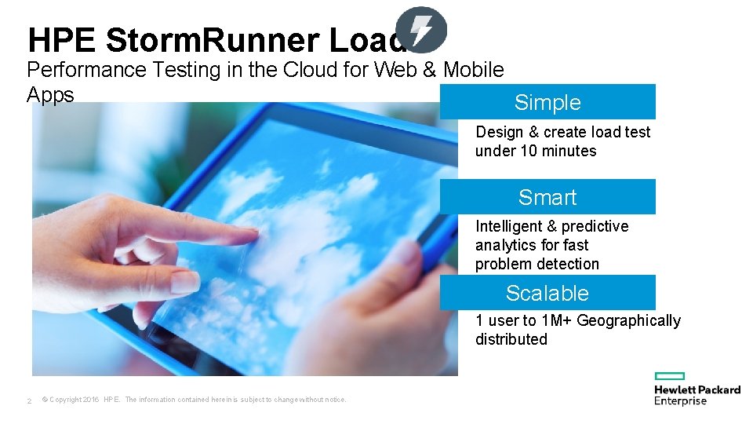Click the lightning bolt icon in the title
coord(421,30)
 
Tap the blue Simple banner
coord(547,102)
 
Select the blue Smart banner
coord(547,197)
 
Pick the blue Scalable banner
coord(547,293)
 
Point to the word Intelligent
coord(509,226)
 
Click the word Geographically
coord(628,320)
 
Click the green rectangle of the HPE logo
coord(670,377)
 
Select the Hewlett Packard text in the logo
coord(697,389)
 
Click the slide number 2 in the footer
coord(29,400)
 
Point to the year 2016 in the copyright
coord(89,400)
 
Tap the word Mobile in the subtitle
coord(473,70)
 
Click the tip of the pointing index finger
coord(253,233)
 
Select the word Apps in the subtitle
coord(50,95)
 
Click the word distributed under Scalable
coord(511,339)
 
